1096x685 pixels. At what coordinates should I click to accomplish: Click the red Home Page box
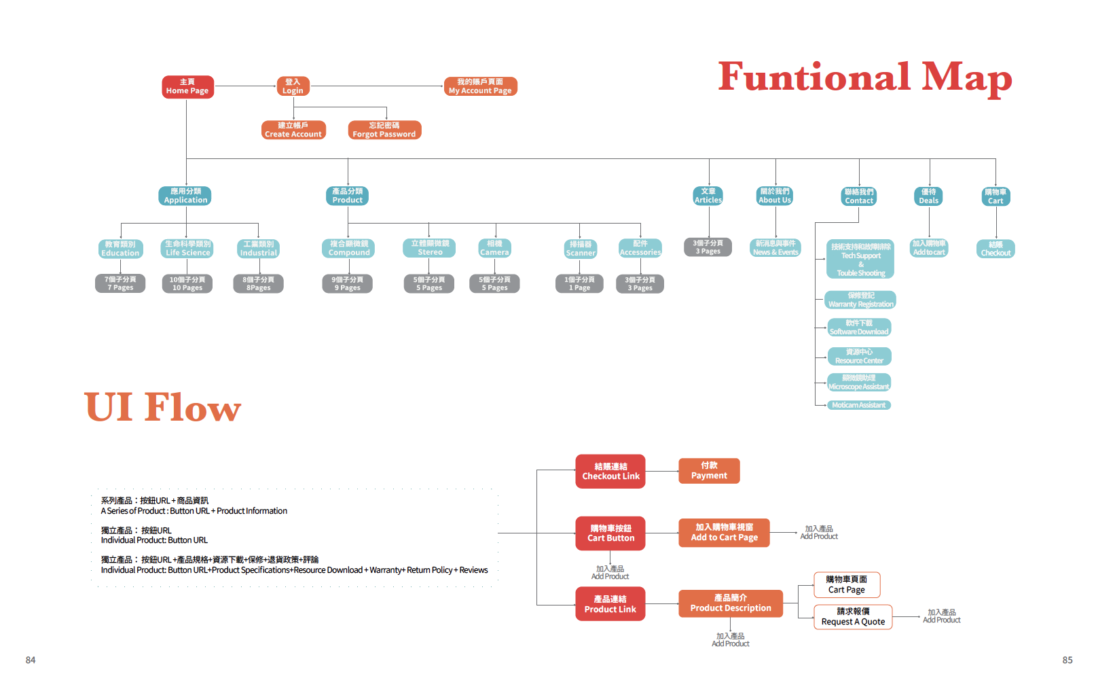click(187, 86)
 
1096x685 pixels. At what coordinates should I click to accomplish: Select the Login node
click(293, 86)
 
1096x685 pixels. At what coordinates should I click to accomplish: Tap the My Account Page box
click(480, 86)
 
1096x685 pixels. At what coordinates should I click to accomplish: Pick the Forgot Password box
click(384, 130)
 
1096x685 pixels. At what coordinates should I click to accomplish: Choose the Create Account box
click(293, 130)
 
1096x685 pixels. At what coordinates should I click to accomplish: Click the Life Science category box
click(188, 248)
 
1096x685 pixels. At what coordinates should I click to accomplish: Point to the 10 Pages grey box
click(187, 283)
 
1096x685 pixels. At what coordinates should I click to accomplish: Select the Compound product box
click(348, 248)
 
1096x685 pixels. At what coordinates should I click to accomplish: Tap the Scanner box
click(581, 249)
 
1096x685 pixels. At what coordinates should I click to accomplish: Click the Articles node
click(708, 196)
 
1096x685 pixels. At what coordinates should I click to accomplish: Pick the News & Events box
click(775, 248)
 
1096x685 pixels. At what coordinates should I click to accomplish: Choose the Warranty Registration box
click(860, 300)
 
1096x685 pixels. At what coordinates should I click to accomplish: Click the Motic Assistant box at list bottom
click(858, 405)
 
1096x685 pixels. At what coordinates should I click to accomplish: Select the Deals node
click(928, 196)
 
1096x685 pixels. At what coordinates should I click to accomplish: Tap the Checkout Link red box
click(610, 472)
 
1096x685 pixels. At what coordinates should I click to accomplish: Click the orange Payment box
click(709, 471)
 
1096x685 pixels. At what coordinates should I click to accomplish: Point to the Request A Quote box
click(853, 617)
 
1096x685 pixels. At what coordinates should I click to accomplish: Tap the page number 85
click(1067, 660)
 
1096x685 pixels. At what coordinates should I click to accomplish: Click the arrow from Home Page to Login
click(245, 86)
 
